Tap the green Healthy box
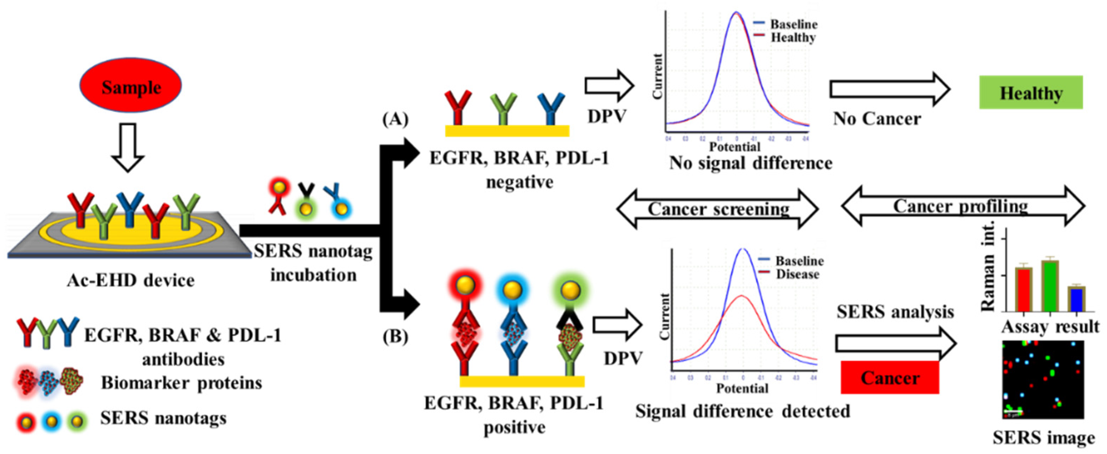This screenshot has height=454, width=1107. [x=1030, y=92]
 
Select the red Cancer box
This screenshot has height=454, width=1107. [x=890, y=377]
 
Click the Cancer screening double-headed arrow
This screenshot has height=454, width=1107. [x=718, y=209]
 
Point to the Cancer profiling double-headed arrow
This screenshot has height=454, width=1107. [x=963, y=207]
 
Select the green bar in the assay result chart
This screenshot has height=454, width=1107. [x=1049, y=286]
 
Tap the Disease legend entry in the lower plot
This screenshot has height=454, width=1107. [x=797, y=274]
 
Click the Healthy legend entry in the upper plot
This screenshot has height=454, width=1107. [x=793, y=37]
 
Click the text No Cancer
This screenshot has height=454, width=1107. [x=877, y=119]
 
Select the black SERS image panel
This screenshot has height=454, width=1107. [x=1042, y=379]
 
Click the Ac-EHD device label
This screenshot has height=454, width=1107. [x=131, y=281]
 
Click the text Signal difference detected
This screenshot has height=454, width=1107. [x=742, y=411]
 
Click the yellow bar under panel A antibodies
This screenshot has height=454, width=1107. [x=507, y=131]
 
